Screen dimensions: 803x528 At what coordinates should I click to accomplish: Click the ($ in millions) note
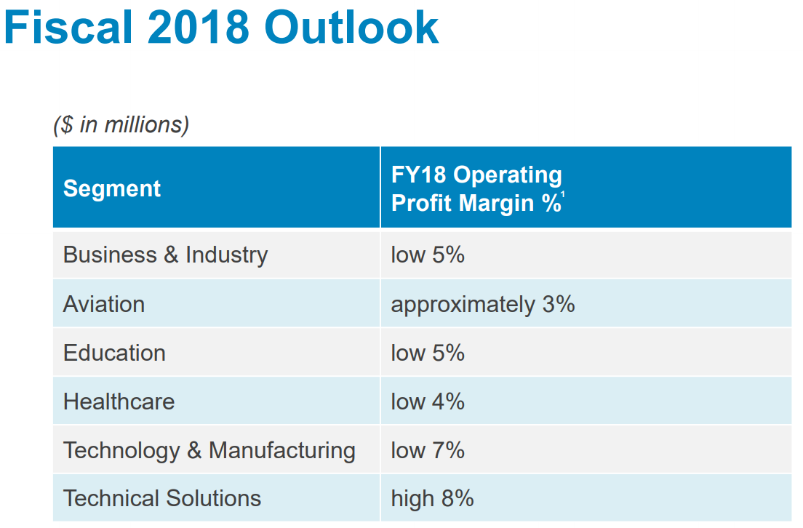pyautogui.click(x=121, y=124)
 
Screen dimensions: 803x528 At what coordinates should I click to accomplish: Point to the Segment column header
pyautogui.click(x=111, y=188)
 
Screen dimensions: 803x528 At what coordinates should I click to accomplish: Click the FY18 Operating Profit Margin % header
pyautogui.click(x=476, y=188)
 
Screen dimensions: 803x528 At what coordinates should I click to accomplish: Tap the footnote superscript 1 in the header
pyautogui.click(x=563, y=195)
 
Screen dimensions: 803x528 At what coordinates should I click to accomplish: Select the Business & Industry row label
pyautogui.click(x=165, y=255)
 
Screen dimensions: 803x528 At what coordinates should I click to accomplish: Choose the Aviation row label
pyautogui.click(x=104, y=304)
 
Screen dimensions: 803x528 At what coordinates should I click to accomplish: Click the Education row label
pyautogui.click(x=114, y=353)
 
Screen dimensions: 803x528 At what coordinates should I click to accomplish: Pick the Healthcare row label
pyautogui.click(x=119, y=401)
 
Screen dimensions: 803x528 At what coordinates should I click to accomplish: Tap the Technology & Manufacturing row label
pyautogui.click(x=209, y=451)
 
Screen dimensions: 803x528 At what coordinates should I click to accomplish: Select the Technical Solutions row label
pyautogui.click(x=161, y=498)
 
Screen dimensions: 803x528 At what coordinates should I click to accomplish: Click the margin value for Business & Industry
pyautogui.click(x=428, y=255)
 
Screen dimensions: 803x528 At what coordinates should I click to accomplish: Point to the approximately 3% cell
pyautogui.click(x=483, y=305)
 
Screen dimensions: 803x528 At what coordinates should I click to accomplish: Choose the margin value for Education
pyautogui.click(x=428, y=353)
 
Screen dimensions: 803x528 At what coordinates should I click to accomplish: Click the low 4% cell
pyautogui.click(x=428, y=401)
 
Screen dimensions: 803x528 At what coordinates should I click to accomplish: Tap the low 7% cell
pyautogui.click(x=428, y=451)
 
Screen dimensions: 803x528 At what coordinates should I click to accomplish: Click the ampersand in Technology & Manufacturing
pyautogui.click(x=194, y=451)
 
